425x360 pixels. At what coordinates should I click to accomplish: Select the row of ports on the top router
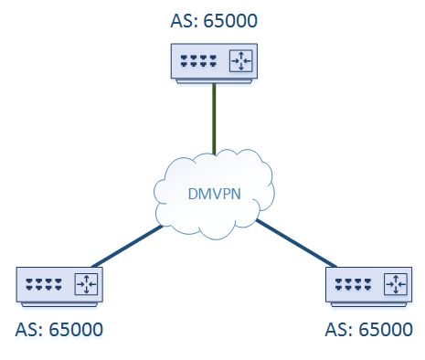[x=197, y=62]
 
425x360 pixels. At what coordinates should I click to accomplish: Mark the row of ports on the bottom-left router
[x=43, y=284]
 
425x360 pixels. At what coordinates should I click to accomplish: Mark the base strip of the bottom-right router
[x=368, y=303]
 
